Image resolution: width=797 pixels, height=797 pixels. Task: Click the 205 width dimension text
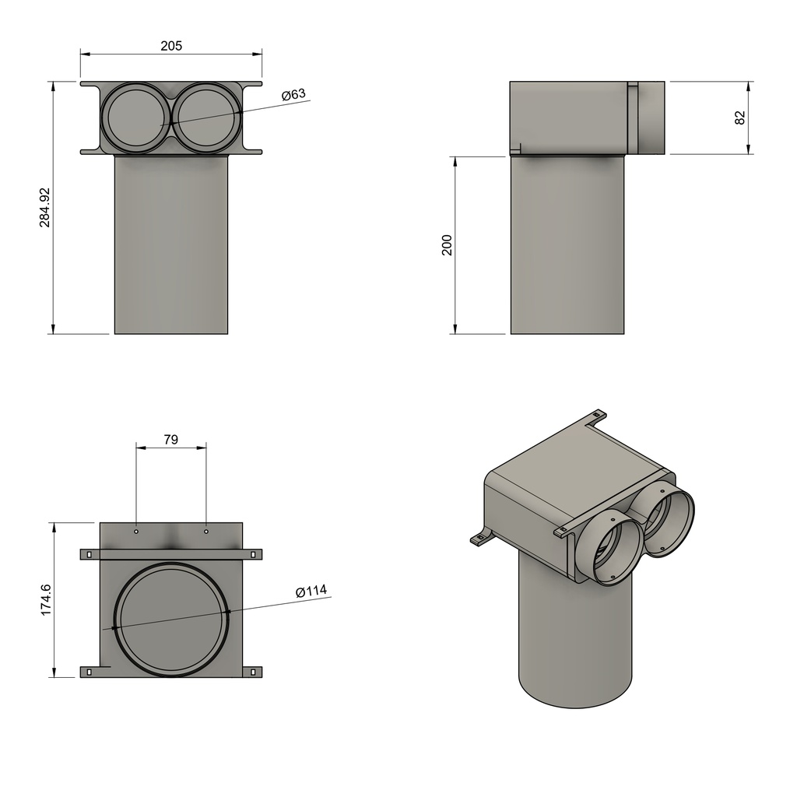tap(171, 46)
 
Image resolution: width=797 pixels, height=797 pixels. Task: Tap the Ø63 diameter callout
tap(294, 94)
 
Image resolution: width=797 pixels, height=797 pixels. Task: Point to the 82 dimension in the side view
tap(740, 118)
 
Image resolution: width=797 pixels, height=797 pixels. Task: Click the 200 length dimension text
tap(447, 245)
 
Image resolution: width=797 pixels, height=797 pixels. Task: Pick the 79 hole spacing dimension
tap(171, 439)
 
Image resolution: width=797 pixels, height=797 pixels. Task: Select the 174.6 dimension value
tap(45, 599)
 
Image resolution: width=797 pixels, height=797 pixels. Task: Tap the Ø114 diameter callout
tap(311, 592)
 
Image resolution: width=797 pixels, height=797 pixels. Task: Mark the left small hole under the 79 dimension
tap(136, 532)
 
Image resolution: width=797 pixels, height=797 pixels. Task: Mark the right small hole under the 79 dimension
tap(206, 532)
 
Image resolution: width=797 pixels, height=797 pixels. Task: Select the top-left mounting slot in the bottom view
tap(89, 554)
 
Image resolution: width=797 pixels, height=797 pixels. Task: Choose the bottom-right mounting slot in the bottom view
tap(253, 671)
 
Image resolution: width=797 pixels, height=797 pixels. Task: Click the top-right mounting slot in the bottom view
tap(253, 554)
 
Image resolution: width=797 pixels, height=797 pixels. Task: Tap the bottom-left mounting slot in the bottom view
tap(89, 671)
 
